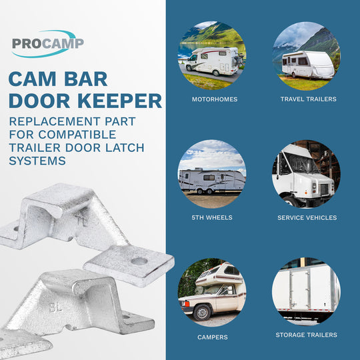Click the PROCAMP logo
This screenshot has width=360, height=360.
(48, 43)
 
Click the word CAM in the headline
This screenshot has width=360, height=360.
(33, 79)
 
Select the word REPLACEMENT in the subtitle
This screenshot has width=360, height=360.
(55, 121)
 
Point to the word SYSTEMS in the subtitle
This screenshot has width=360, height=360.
(37, 161)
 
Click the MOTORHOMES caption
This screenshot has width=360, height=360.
(215, 99)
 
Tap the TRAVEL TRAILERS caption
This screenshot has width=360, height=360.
(309, 99)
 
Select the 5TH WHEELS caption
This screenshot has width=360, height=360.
(212, 217)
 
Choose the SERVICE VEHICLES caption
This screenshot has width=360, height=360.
(307, 217)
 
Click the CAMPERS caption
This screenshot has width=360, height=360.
(213, 337)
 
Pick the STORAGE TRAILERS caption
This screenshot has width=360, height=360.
(307, 335)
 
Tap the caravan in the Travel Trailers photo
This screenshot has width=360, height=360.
(308, 65)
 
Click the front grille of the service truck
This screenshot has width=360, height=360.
(324, 189)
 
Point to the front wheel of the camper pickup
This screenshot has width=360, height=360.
(202, 312)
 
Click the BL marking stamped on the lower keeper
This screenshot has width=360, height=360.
(56, 307)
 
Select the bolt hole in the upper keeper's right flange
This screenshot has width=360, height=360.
(139, 261)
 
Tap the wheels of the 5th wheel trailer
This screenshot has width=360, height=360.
(205, 191)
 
